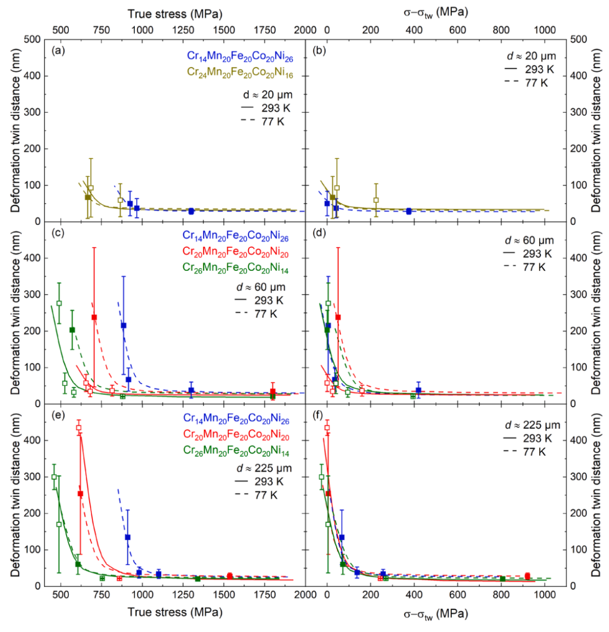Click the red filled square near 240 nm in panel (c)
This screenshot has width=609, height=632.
click(94, 317)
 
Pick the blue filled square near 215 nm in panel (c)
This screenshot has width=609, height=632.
click(123, 325)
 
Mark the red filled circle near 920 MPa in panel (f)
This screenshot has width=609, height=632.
click(527, 576)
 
